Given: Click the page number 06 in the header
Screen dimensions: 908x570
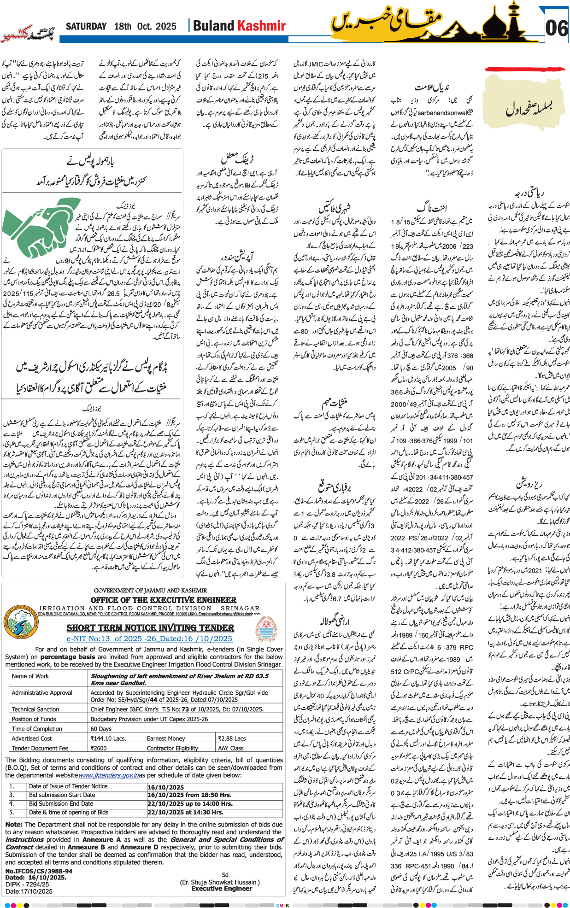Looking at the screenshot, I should click(557, 28).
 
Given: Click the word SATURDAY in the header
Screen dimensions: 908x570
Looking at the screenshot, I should click(86, 26).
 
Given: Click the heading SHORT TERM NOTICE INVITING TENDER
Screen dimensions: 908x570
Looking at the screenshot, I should click(150, 628).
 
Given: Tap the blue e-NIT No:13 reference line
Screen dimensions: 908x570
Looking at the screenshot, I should click(150, 639).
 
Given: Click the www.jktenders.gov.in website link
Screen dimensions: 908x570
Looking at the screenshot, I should click(109, 775).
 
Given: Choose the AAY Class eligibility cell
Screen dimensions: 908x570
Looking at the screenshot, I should click(231, 748).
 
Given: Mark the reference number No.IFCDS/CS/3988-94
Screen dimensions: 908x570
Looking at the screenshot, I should click(39, 871).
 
